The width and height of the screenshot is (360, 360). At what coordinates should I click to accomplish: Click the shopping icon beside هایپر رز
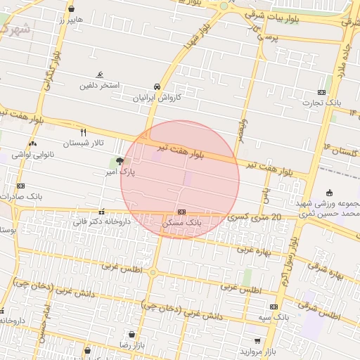click(72, 8)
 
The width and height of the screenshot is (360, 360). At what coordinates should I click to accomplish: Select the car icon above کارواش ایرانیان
click(159, 86)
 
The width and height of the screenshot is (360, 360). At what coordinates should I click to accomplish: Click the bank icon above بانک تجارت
click(321, 92)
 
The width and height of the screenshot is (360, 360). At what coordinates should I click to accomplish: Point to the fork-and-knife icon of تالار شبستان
click(84, 131)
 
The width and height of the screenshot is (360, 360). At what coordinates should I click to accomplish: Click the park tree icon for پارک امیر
click(119, 161)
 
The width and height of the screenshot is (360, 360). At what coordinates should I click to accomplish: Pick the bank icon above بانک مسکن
click(181, 212)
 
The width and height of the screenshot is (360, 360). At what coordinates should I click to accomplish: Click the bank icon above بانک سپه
click(273, 307)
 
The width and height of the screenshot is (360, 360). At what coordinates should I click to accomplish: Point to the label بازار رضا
click(131, 345)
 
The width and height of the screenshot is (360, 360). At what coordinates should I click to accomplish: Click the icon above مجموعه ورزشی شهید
click(329, 193)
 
